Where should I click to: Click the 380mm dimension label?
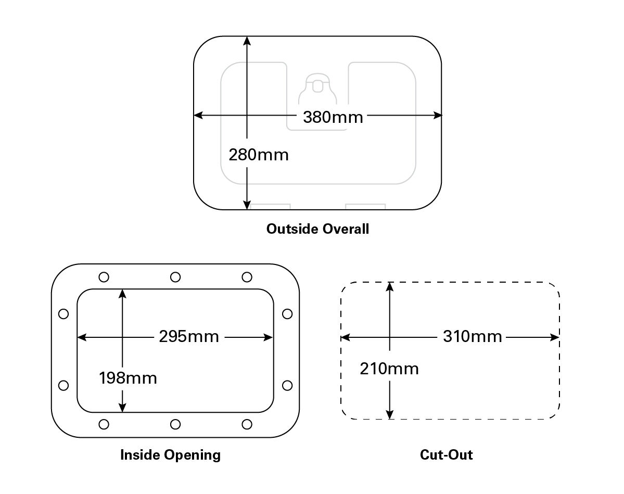pos(333,117)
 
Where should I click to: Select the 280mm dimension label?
pos(259,155)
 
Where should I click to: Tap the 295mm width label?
pos(189,337)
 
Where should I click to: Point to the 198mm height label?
pos(128,378)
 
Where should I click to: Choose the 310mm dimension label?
pos(473,337)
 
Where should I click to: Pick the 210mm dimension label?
pos(389,369)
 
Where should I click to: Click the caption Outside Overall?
pos(317,229)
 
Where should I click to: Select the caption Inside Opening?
pos(170,455)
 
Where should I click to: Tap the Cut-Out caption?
pos(446,455)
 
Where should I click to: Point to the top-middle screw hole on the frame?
pos(175,277)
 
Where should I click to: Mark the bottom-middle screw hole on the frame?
pos(175,424)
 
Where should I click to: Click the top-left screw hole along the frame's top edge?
pos(104,277)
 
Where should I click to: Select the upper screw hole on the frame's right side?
pos(287,314)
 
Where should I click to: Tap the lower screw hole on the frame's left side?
pos(63,385)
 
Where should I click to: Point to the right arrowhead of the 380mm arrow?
pos(438,115)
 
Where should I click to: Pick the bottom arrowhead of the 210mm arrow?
pos(390,415)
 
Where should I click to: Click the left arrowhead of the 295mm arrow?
pos(81,337)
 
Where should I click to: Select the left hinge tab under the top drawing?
pos(270,207)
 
